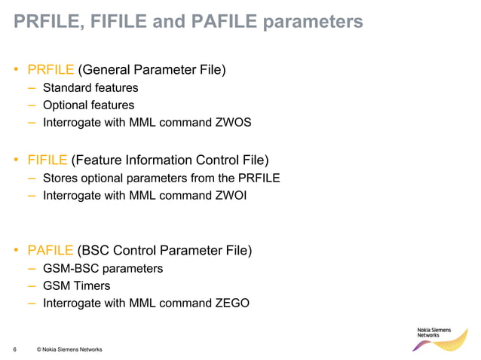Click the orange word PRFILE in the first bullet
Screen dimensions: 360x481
[50, 71]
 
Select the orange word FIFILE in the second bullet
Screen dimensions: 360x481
[47, 160]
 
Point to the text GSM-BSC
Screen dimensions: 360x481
[70, 268]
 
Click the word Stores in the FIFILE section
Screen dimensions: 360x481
[60, 178]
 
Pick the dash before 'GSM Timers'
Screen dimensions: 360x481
[31, 286]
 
